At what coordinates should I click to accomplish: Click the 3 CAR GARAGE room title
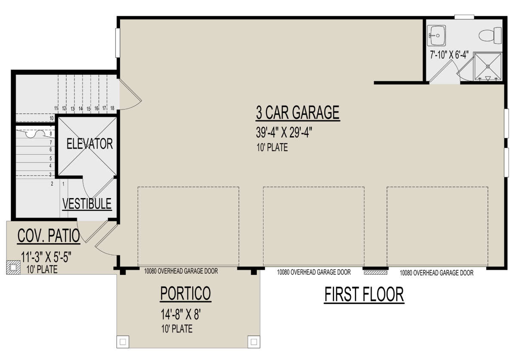pos(298,113)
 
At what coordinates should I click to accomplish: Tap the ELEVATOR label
pos(89,143)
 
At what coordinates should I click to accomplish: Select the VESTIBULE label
pos(87,204)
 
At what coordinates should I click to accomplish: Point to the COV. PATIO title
pos(49,236)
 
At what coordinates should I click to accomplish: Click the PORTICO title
pos(185,293)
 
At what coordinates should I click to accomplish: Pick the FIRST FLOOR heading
pos(364,294)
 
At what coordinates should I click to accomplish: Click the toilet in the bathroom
pos(490,36)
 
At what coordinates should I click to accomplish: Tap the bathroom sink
pos(436,36)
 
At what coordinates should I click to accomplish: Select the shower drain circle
pos(488,67)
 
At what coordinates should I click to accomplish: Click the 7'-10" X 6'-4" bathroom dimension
pos(449,55)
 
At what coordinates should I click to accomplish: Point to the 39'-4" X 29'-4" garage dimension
pos(284,133)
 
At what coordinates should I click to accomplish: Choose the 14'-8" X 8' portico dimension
pos(181,314)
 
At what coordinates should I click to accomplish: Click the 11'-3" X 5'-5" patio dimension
pos(46,257)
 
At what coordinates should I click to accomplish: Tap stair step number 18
pos(112,108)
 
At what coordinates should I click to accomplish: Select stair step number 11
pos(56,108)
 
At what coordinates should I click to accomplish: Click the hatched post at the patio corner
pos(13,268)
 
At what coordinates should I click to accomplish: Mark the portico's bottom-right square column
pos(254,342)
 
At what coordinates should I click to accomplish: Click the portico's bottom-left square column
pos(123,342)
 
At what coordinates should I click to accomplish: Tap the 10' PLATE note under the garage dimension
pos(272,147)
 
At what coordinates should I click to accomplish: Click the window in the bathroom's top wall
pos(464,17)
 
